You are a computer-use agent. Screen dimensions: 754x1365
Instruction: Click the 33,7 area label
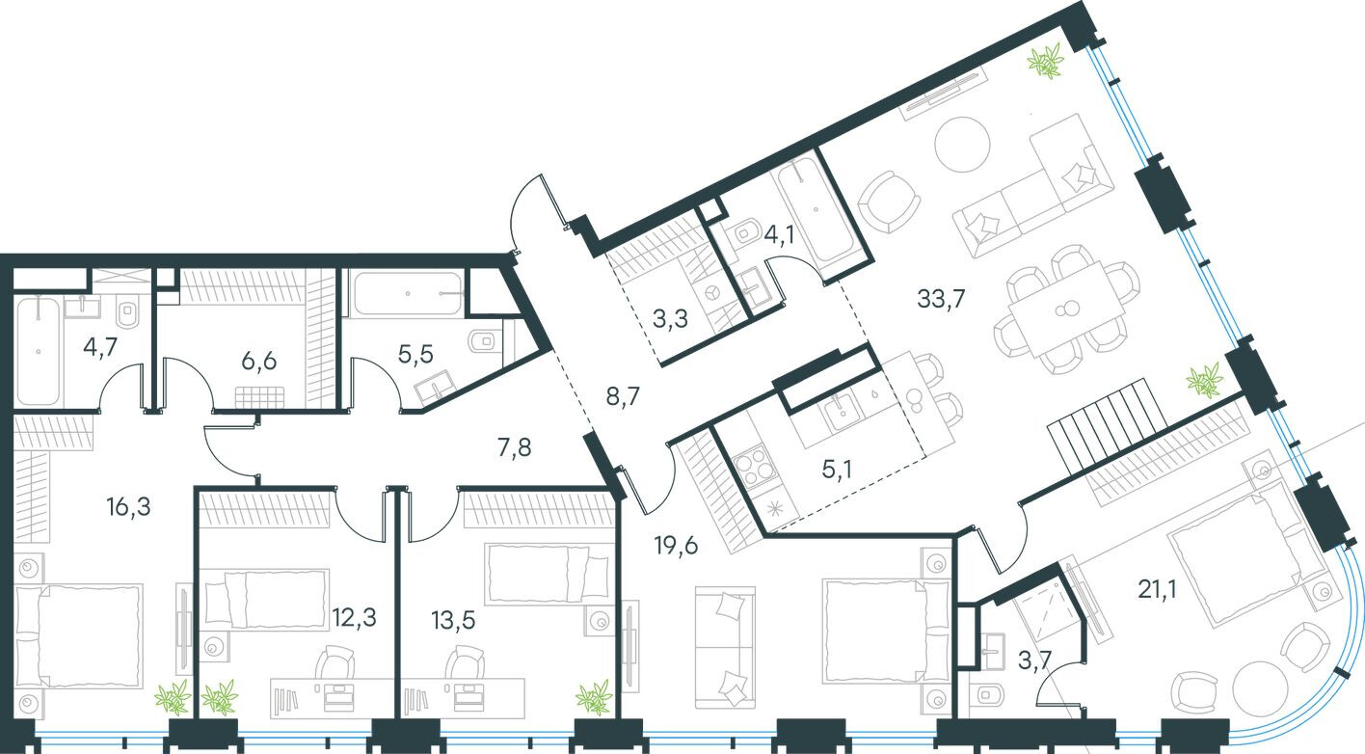tap(940, 297)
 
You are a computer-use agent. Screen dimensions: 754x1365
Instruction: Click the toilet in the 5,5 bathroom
tap(481, 339)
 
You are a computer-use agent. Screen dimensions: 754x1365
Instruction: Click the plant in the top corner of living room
tap(1045, 65)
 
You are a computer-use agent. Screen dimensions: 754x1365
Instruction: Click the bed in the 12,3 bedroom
tap(266, 599)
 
